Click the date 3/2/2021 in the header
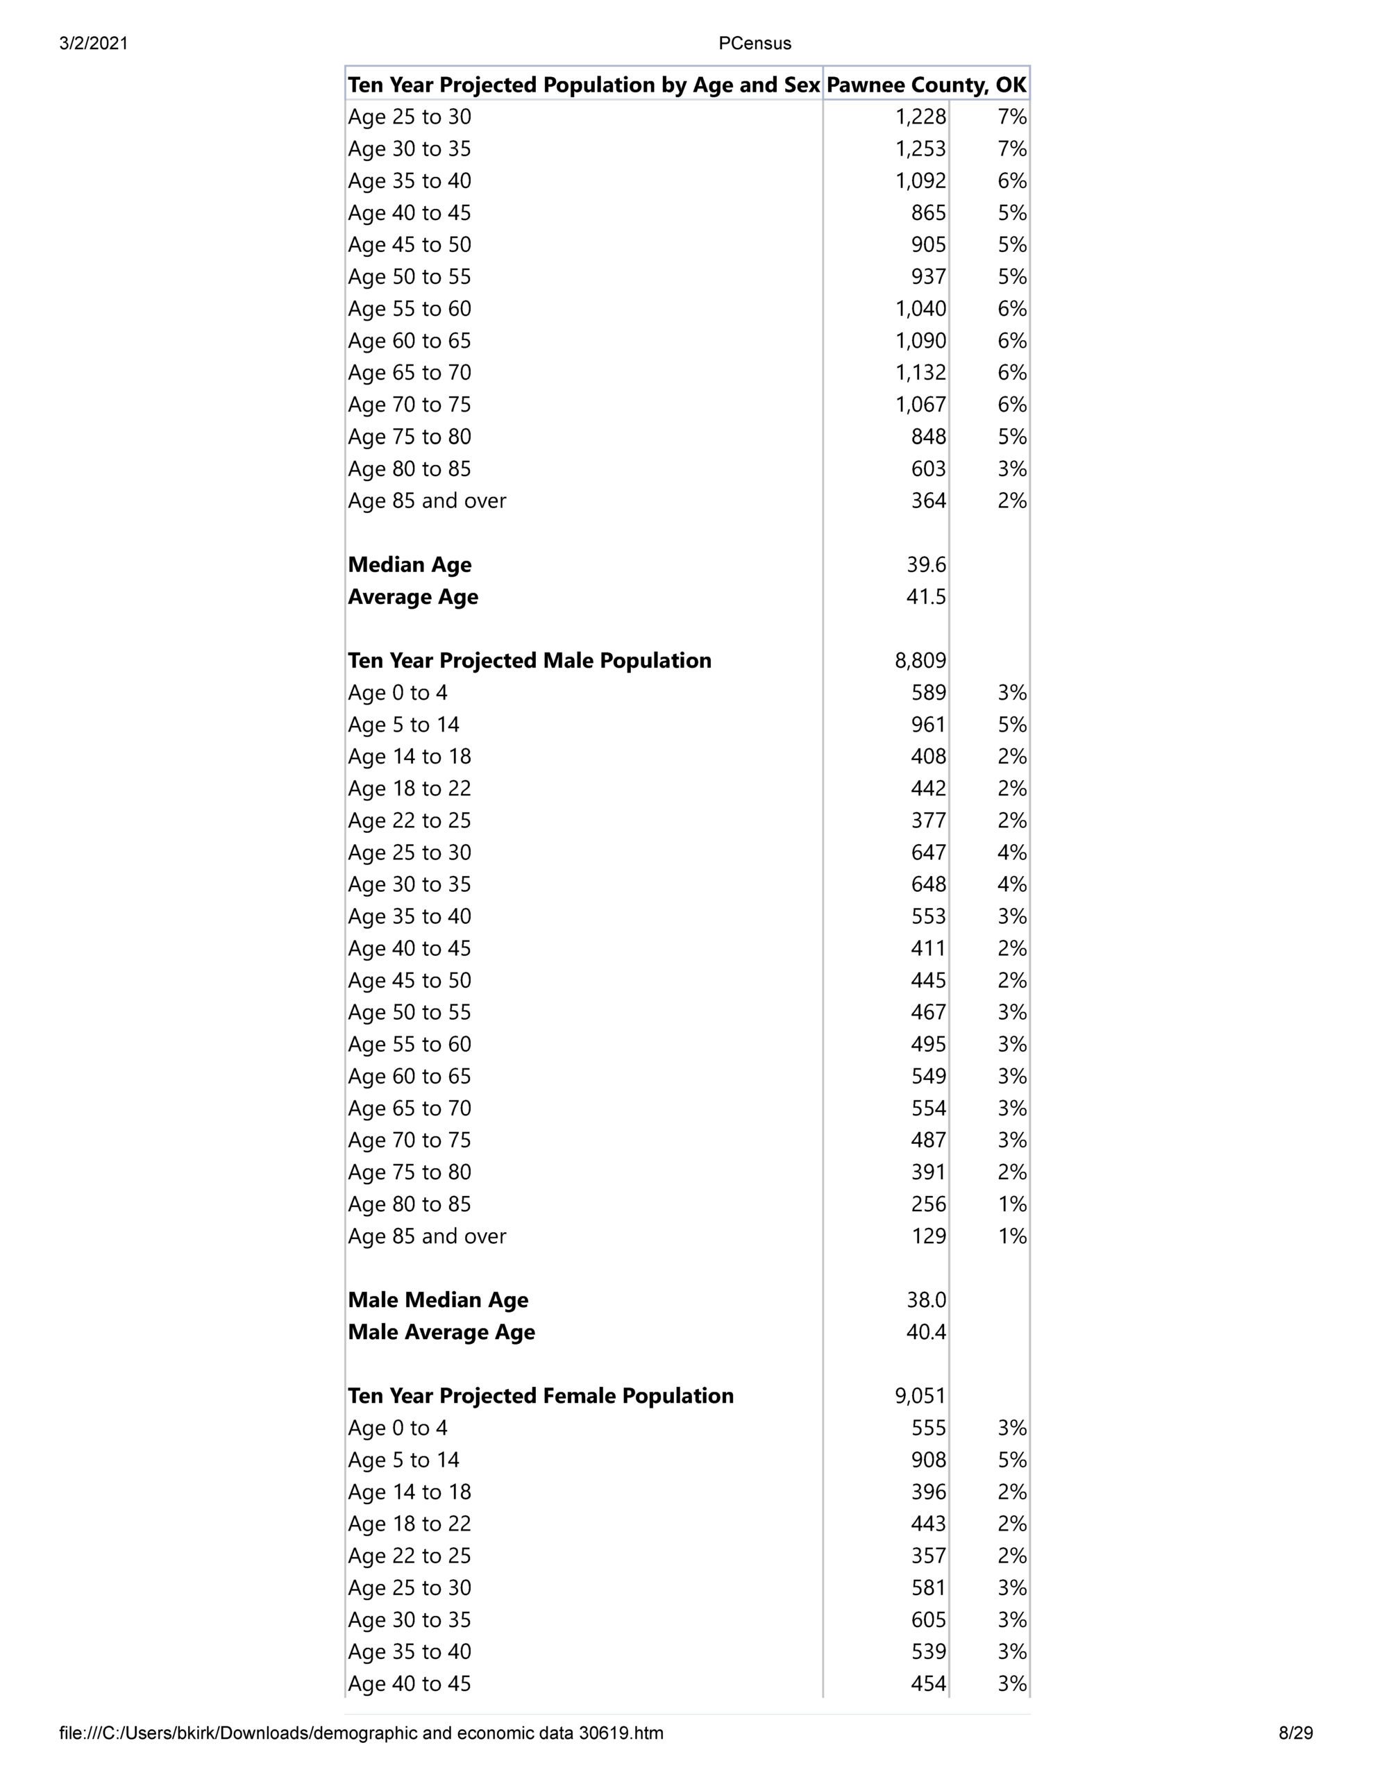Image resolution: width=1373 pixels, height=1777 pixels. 94,44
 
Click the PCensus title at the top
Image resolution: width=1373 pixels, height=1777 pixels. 755,44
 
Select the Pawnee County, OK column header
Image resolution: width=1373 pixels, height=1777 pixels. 926,85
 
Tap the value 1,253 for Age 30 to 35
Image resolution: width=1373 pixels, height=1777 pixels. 920,149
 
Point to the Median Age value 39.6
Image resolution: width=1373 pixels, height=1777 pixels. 926,564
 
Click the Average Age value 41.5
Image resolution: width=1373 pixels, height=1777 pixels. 926,597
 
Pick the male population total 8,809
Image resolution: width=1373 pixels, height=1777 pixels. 920,661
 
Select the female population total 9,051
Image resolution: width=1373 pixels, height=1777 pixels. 920,1396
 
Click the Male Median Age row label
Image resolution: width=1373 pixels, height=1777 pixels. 438,1300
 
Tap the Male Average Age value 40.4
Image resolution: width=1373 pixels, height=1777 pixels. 926,1332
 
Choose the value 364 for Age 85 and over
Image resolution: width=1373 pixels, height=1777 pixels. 929,500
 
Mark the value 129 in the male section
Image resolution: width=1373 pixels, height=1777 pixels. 929,1236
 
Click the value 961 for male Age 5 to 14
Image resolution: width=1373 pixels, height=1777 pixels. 929,725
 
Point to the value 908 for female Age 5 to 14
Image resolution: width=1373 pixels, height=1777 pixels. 929,1460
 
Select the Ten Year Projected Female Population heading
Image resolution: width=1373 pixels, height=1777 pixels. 541,1396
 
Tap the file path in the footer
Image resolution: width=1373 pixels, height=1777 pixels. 362,1733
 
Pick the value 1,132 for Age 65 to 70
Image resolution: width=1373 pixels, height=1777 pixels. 920,373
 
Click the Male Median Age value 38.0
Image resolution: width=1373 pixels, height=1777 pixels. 926,1300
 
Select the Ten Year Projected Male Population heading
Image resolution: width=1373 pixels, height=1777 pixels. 529,661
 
